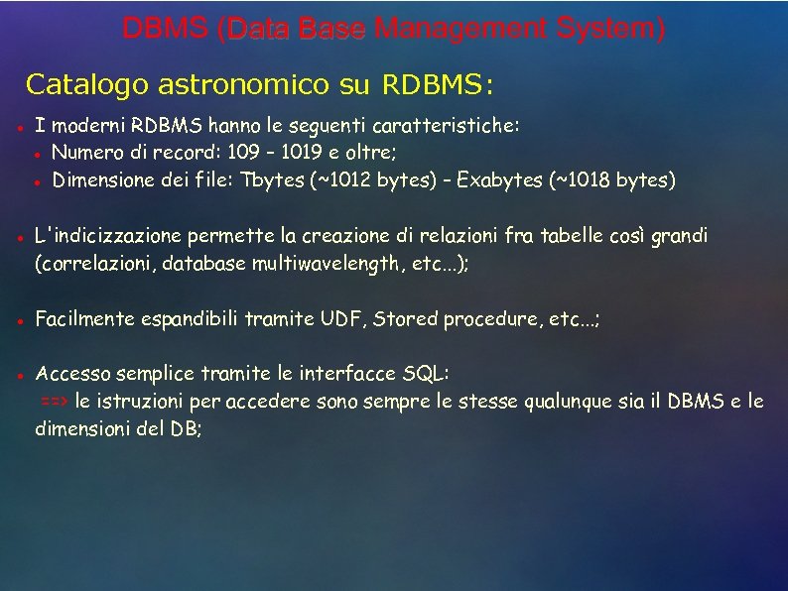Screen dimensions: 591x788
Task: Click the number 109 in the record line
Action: [249, 154]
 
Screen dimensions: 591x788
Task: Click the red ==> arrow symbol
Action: [54, 403]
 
